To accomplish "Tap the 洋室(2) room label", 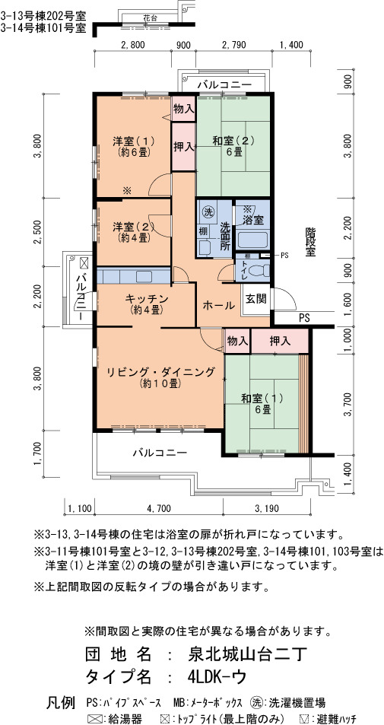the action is (134, 227).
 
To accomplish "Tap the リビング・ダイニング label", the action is (160, 372).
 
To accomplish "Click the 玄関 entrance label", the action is (255, 299).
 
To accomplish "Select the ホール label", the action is (219, 306).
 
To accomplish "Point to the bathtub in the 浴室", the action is (252, 240).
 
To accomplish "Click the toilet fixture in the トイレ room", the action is (258, 269).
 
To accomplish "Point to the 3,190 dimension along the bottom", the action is (266, 510).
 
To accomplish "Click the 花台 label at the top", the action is (150, 18).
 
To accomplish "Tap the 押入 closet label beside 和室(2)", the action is (183, 148).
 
